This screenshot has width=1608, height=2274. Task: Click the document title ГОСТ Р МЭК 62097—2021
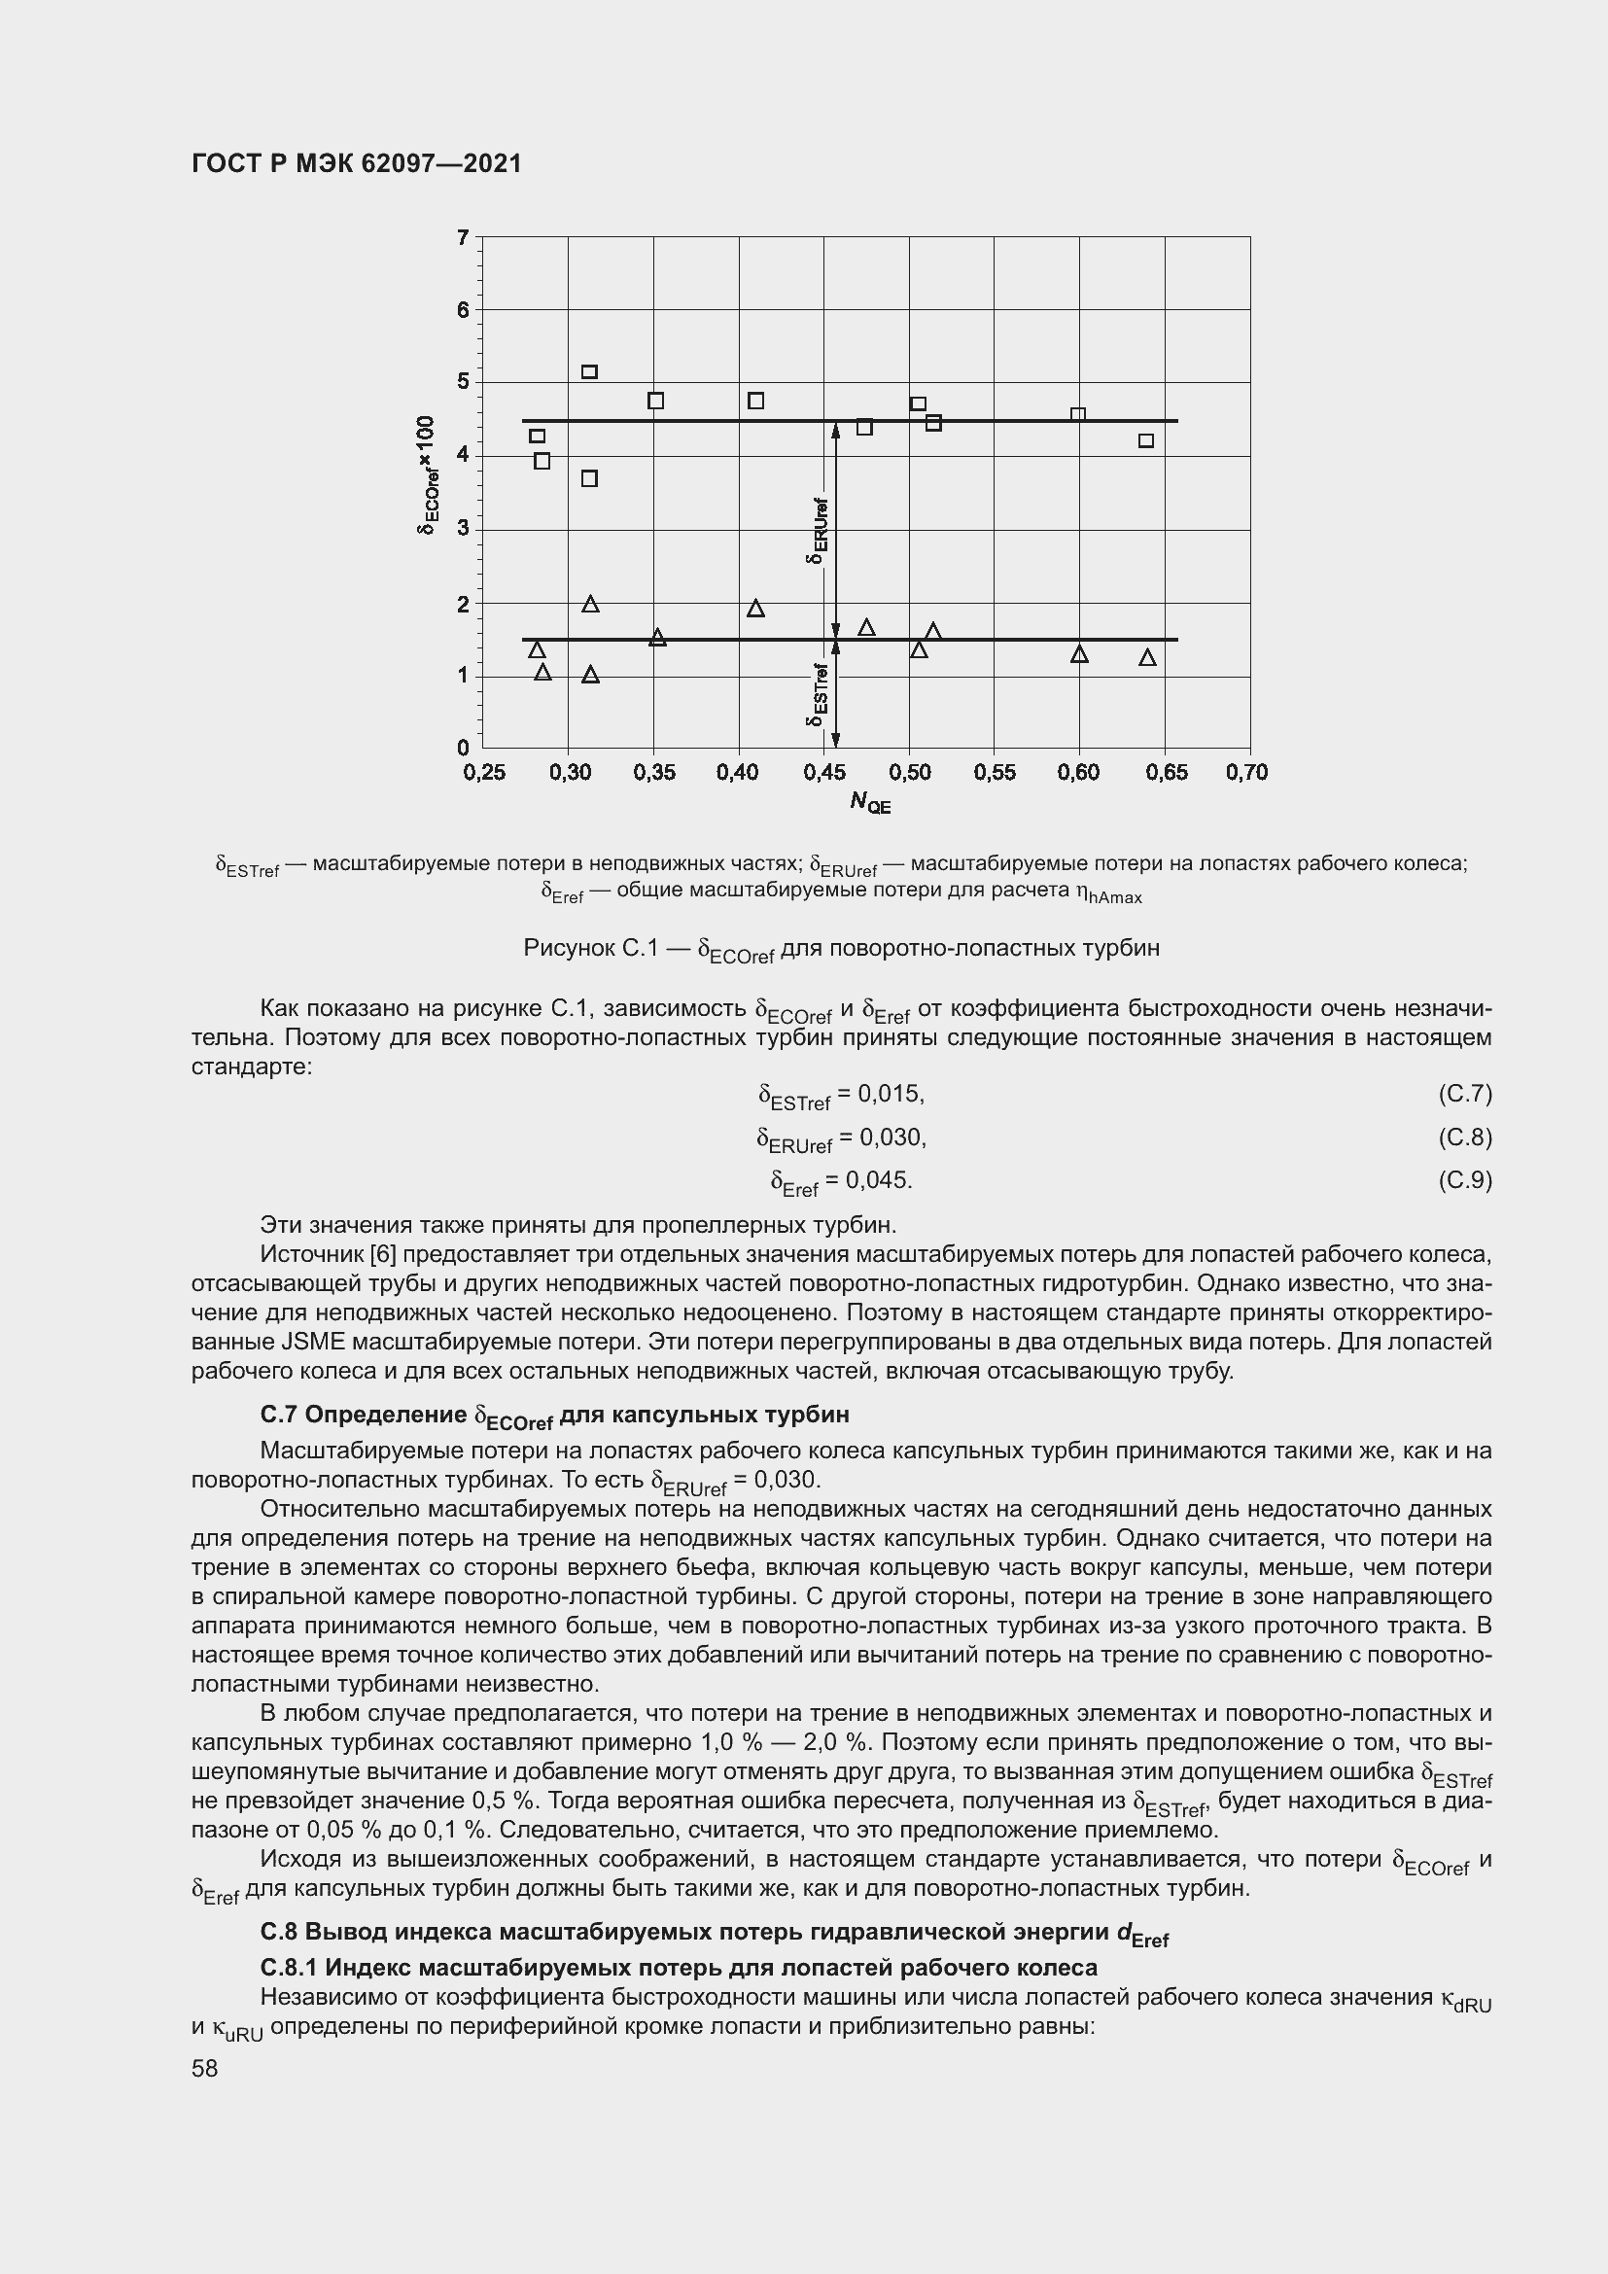pos(357,164)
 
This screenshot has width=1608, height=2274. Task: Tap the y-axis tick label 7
pos(463,237)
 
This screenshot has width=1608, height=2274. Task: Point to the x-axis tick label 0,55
pos(995,773)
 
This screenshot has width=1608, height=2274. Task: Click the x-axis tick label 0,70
pos(1245,773)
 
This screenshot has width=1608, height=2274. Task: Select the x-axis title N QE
pos(869,803)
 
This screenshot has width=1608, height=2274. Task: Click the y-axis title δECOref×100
pos(426,475)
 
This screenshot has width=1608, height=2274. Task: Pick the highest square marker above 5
pos(589,372)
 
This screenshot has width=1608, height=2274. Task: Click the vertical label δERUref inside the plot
pos(818,530)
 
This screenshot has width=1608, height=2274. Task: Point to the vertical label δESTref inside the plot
pos(818,694)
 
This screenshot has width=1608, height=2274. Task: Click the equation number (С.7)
pos(1463,1095)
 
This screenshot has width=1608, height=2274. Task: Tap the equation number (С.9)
pos(1463,1180)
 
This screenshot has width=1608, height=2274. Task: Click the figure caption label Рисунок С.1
pos(590,949)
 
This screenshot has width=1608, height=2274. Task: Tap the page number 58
pos(205,2069)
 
